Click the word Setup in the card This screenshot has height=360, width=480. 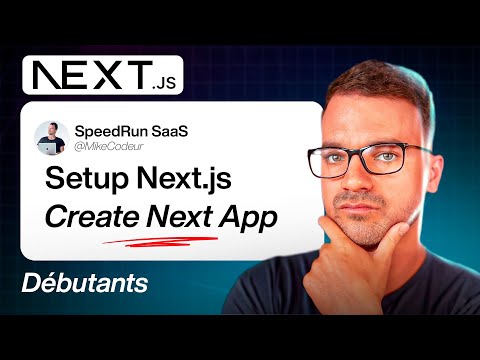(x=87, y=179)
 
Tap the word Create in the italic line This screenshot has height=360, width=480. (x=92, y=217)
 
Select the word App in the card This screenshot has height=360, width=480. (x=248, y=218)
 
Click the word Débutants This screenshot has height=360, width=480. (x=85, y=283)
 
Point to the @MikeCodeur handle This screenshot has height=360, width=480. (x=109, y=146)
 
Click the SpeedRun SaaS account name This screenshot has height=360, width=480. (x=131, y=131)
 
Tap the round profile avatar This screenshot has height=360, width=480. (x=51, y=138)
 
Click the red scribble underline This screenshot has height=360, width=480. (x=160, y=242)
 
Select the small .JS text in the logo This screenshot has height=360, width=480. (x=164, y=83)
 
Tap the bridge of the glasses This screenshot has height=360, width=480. (x=358, y=154)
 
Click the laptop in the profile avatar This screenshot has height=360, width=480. (x=48, y=148)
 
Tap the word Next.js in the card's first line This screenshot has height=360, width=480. (x=184, y=180)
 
